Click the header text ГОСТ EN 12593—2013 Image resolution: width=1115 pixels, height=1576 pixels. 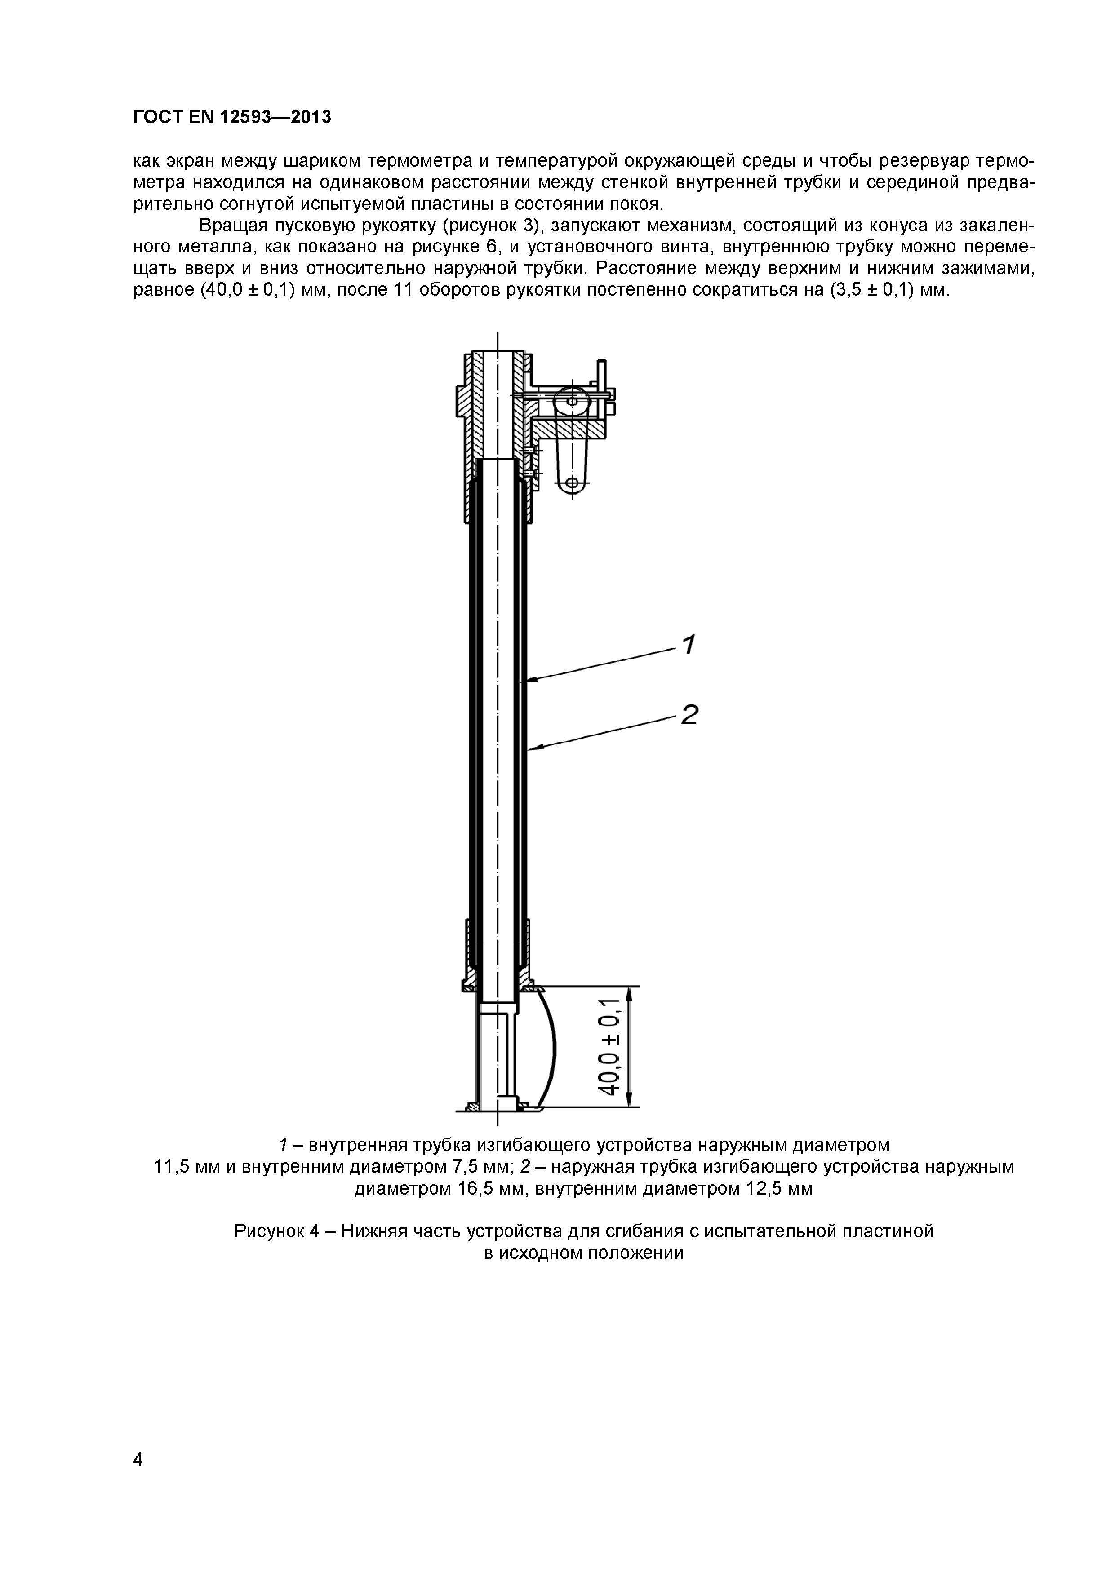click(231, 117)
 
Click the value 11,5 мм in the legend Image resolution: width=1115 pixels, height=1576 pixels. click(185, 1166)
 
